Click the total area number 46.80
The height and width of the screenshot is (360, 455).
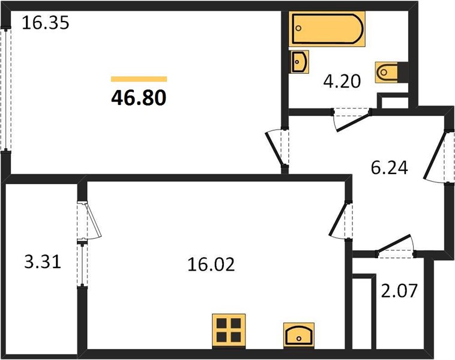tap(139, 98)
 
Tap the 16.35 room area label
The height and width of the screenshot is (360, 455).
tap(46, 23)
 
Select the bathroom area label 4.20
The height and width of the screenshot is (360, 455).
tap(342, 81)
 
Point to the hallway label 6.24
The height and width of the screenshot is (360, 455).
tap(390, 167)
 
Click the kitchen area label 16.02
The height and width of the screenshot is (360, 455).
tap(211, 264)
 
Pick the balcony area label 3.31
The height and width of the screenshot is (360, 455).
tap(43, 262)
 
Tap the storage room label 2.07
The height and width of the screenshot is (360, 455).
tap(399, 290)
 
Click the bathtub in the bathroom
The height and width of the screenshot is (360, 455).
tap(327, 29)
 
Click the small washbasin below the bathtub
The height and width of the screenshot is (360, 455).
tap(300, 62)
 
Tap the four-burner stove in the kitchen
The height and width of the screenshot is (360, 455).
tap(229, 331)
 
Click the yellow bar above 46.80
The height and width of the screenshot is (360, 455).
tap(139, 79)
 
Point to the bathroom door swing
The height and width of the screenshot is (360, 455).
tap(351, 120)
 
